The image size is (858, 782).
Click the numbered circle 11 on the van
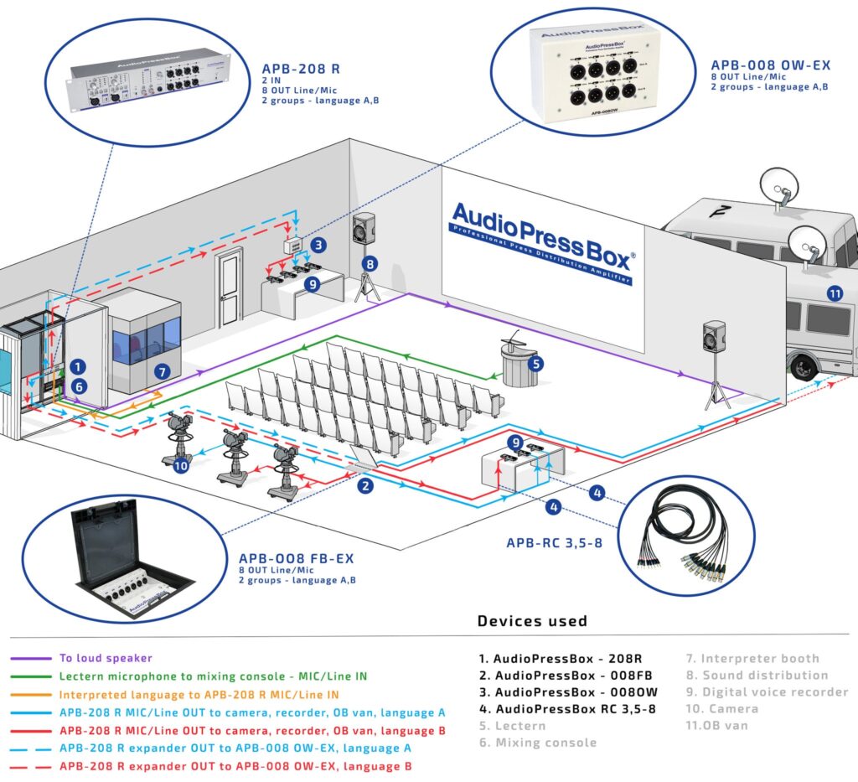pyautogui.click(x=834, y=293)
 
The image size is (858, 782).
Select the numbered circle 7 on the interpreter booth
pyautogui.click(x=163, y=370)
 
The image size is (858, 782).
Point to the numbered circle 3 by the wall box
pyautogui.click(x=318, y=245)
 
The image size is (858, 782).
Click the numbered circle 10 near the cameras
pyautogui.click(x=181, y=467)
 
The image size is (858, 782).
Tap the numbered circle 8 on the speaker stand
pyautogui.click(x=370, y=263)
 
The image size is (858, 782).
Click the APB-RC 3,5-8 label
pyautogui.click(x=554, y=542)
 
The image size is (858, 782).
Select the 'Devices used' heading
pyautogui.click(x=532, y=621)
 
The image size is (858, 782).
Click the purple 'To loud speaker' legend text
pyautogui.click(x=106, y=658)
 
